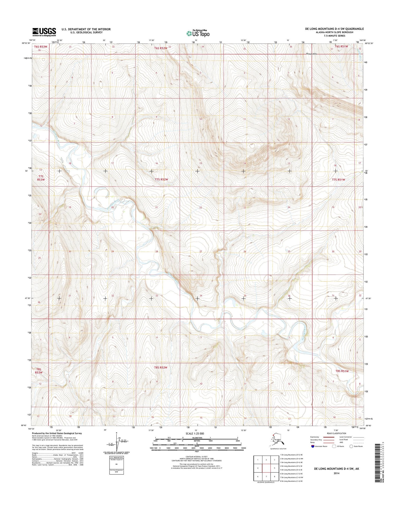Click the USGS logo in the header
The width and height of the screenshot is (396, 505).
pyautogui.click(x=44, y=32)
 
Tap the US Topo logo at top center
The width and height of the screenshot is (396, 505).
pyautogui.click(x=198, y=33)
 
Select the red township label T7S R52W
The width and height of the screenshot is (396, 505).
pyautogui.click(x=161, y=180)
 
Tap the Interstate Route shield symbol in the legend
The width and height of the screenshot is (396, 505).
pyautogui.click(x=313, y=446)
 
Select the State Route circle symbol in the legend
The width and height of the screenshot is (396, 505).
pyautogui.click(x=351, y=446)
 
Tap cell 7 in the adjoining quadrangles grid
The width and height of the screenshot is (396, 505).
pyautogui.click(x=266, y=477)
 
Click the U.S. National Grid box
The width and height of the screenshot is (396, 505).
pyautogui.click(x=116, y=465)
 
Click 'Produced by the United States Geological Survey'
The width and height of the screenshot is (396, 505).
pyautogui.click(x=57, y=433)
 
